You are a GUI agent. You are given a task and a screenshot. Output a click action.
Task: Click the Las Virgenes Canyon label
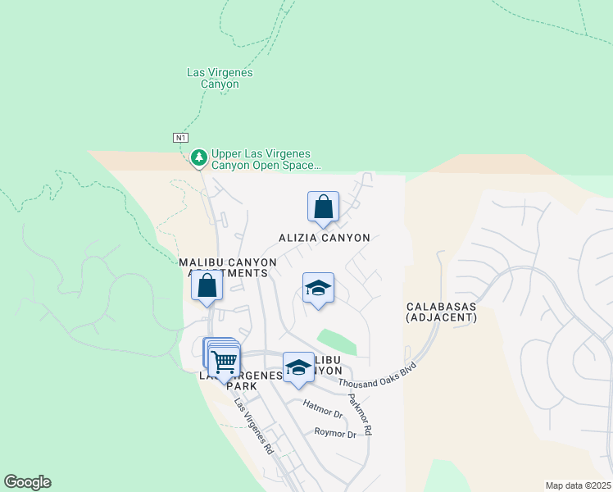[220, 78]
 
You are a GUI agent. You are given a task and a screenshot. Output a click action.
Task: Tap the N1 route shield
[181, 137]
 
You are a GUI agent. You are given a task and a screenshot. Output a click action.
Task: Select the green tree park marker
[198, 157]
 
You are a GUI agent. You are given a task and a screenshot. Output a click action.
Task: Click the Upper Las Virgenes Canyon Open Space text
[266, 159]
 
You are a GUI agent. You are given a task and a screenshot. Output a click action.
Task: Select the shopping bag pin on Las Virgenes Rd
[207, 286]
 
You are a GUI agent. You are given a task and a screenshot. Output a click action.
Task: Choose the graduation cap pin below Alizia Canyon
[318, 288]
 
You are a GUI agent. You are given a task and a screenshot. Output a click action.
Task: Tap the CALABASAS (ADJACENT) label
[442, 311]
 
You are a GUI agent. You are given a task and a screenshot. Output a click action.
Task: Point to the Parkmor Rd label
[361, 415]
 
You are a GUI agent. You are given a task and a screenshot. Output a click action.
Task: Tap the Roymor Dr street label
[335, 434]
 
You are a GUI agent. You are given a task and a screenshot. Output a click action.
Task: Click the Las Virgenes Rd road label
[253, 426]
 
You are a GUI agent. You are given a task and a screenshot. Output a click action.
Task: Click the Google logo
[27, 482]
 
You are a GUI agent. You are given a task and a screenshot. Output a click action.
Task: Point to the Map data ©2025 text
[578, 485]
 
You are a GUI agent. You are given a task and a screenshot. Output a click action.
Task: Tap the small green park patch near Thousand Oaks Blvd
[338, 342]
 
